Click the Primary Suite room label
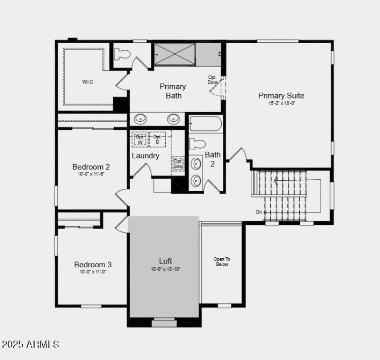[281, 96]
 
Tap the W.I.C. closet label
[88, 82]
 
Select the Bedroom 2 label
[91, 167]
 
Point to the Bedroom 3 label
[93, 264]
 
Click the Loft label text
[165, 261]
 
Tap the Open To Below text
[222, 262]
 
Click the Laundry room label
[145, 156]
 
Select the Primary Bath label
[172, 91]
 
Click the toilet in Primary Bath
[123, 53]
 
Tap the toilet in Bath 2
[198, 144]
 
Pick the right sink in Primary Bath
[173, 118]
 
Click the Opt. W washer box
[140, 139]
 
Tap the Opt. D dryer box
[157, 139]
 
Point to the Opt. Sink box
[178, 164]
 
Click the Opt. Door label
[212, 80]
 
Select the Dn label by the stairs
[258, 212]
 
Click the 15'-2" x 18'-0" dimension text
[281, 103]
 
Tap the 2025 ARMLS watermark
[30, 344]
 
